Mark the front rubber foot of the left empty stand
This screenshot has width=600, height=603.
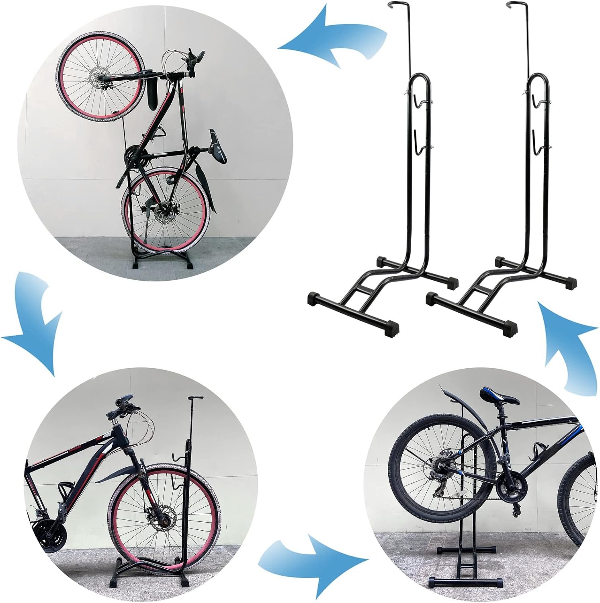[x=392, y=330]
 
